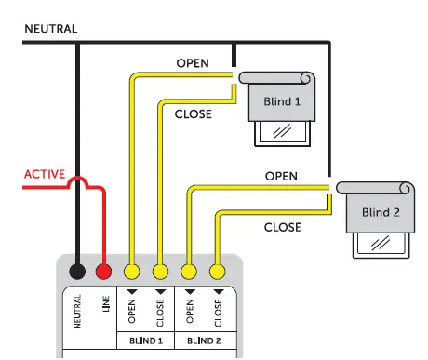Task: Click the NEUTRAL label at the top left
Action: (x=50, y=29)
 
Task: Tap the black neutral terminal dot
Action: (x=78, y=273)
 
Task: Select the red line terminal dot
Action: (x=104, y=273)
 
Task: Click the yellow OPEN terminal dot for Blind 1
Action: (x=132, y=273)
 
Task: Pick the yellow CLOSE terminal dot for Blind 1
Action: (x=160, y=273)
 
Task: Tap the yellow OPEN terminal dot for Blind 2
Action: (x=190, y=273)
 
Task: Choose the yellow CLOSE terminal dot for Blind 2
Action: (x=217, y=273)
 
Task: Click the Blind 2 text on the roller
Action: (x=381, y=213)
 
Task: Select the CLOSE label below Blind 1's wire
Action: (x=194, y=114)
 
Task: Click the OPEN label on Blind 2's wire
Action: (x=282, y=175)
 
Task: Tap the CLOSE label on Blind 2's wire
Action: (x=282, y=226)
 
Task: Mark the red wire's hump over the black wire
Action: (x=77, y=183)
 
